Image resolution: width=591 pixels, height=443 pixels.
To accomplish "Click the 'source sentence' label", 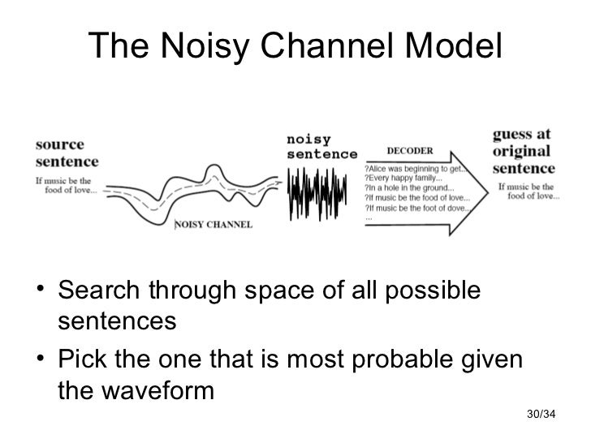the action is pyautogui.click(x=60, y=152).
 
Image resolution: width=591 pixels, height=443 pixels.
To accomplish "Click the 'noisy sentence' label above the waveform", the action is pyautogui.click(x=321, y=146).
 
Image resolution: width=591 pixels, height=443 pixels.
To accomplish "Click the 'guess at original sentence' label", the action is pyautogui.click(x=524, y=150).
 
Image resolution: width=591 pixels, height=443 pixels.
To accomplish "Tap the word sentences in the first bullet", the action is pyautogui.click(x=117, y=321).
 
